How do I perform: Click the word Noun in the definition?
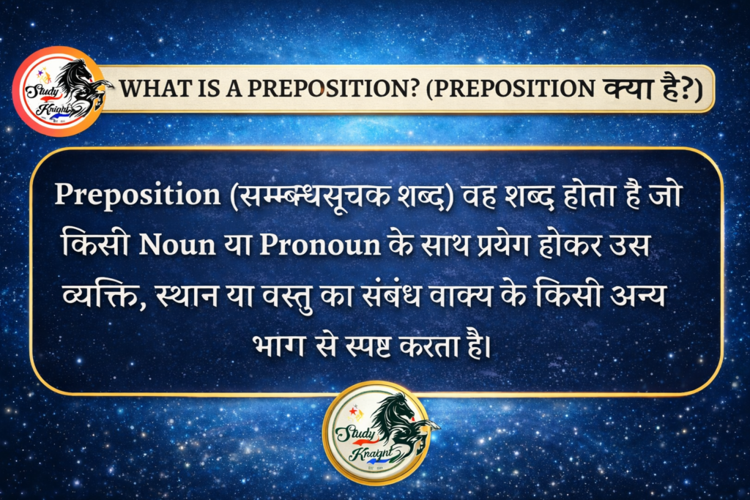pyautogui.click(x=177, y=245)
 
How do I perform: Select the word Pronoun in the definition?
pyautogui.click(x=320, y=245)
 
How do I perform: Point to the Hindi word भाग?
pyautogui.click(x=278, y=346)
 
